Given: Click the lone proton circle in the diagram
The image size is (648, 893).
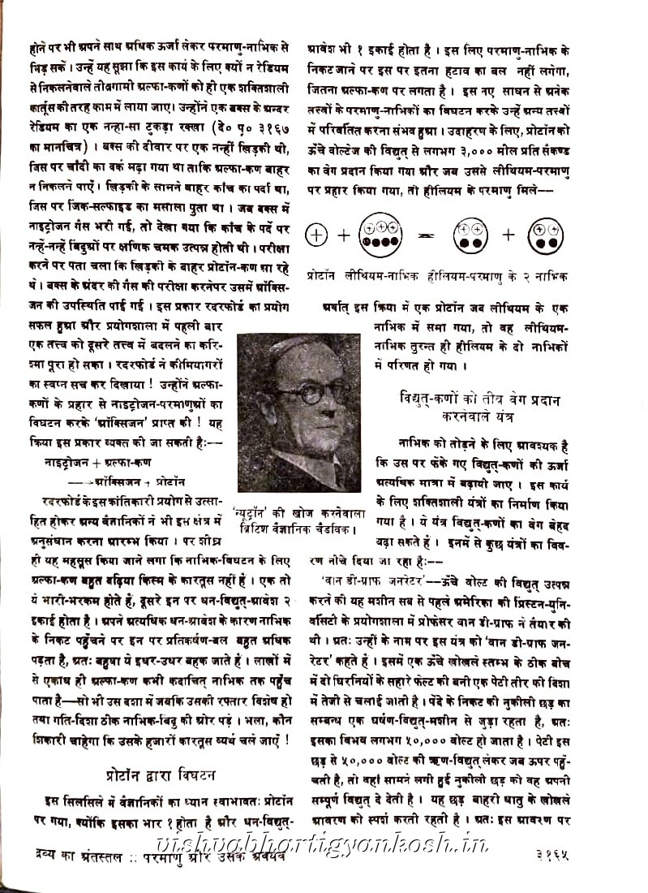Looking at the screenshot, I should [x=317, y=235].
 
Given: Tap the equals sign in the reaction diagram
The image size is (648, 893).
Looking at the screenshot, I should [x=423, y=235].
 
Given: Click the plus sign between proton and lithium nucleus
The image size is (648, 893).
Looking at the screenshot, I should [x=344, y=235].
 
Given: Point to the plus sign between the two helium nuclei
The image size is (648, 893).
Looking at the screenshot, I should [x=508, y=235].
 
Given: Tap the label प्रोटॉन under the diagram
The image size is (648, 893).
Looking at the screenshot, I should [x=324, y=276].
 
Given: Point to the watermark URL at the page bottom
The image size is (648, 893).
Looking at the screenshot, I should [x=324, y=844].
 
